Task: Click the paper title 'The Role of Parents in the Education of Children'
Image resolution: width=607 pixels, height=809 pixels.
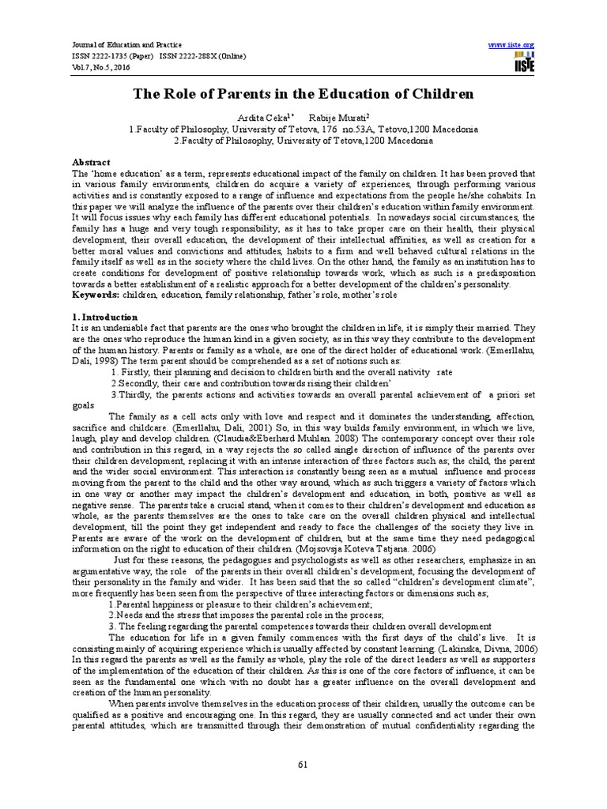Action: click(303, 94)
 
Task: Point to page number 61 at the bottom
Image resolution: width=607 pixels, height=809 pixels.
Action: click(303, 762)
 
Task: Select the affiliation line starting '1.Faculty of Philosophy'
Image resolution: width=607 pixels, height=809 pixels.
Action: click(303, 128)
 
